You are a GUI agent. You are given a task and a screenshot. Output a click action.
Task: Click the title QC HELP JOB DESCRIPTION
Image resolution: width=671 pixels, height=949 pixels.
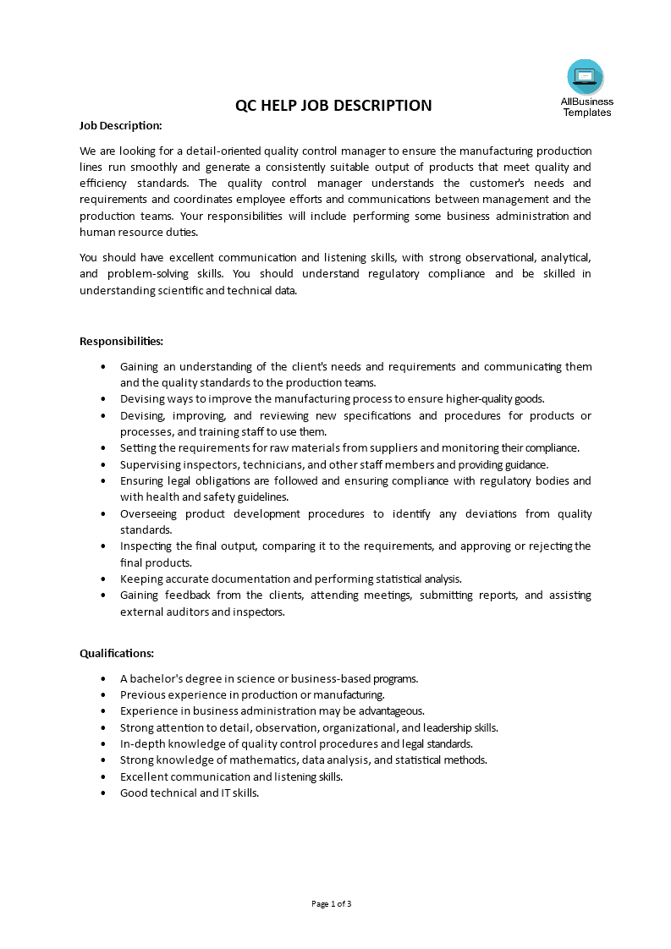tap(333, 106)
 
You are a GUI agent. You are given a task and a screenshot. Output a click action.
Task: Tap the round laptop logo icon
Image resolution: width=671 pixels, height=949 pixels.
tap(586, 77)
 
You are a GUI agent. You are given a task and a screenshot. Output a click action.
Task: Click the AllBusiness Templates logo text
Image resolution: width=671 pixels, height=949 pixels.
tap(586, 107)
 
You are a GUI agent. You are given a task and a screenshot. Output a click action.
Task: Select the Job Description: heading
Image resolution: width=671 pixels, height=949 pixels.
tap(120, 125)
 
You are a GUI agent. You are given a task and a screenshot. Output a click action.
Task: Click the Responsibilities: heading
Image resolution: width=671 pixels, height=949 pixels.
tap(121, 341)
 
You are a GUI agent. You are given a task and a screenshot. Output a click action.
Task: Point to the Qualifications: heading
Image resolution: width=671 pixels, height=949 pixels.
tap(117, 653)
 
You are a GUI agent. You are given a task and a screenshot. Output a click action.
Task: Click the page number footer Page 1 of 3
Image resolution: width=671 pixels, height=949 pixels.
tap(332, 903)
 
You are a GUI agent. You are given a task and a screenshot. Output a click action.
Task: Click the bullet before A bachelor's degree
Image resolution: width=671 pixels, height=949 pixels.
tap(103, 678)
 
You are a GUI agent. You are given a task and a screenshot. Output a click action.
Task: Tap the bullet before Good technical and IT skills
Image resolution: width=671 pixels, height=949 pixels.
tap(103, 793)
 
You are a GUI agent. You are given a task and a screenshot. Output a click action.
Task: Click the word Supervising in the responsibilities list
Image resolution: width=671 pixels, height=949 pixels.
tap(149, 464)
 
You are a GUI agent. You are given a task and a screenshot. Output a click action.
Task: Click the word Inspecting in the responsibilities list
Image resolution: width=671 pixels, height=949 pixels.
tap(146, 546)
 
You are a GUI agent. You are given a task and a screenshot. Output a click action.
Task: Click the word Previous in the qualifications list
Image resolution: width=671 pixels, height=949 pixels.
tap(141, 694)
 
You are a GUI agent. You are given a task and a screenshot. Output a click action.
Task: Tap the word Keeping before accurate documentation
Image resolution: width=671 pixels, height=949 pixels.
tap(141, 579)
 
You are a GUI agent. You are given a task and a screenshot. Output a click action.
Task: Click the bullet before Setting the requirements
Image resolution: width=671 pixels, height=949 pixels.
tap(103, 448)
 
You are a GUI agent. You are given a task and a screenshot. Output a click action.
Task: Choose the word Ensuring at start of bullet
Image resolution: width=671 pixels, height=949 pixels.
tap(142, 480)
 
